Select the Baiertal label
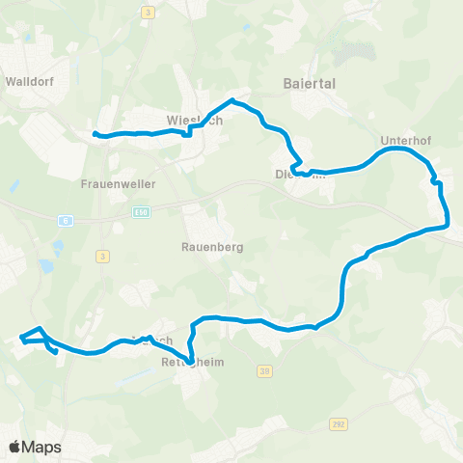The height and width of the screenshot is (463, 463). click(x=310, y=84)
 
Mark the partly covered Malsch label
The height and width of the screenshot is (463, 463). click(x=152, y=340)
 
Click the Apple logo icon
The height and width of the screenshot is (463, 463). click(x=14, y=447)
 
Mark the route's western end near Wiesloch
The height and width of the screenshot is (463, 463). click(x=95, y=134)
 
